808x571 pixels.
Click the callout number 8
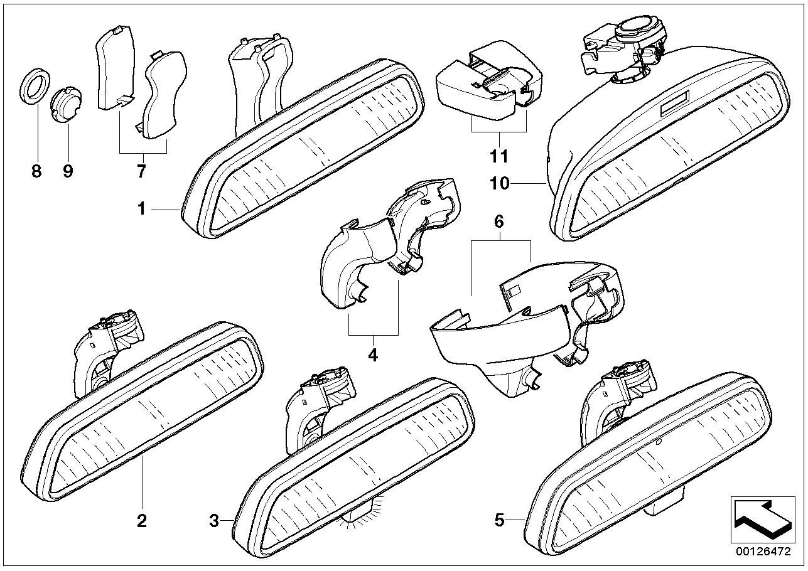click(36, 171)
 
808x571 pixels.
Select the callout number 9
click(68, 171)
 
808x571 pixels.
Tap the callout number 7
click(141, 171)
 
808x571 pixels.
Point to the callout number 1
click(141, 209)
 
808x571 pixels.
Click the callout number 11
click(499, 156)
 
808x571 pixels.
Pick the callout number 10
click(500, 184)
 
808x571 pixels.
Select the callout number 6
click(499, 221)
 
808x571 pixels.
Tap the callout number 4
click(373, 355)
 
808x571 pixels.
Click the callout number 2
click(142, 521)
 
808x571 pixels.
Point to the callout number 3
click(214, 521)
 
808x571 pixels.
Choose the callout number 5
click(499, 520)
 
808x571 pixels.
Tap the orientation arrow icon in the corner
click(763, 520)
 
